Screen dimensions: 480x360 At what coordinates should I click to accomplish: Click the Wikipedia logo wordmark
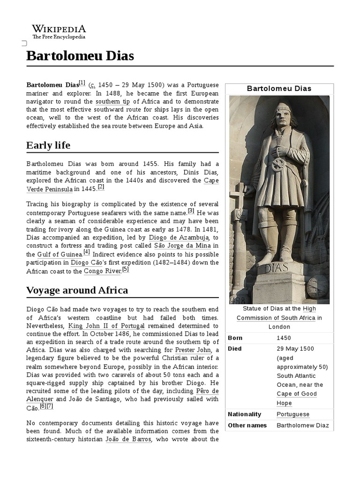pos(59,29)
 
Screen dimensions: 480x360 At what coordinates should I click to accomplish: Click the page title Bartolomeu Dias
pos(80,56)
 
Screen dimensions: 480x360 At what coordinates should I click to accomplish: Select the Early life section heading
pos(48,145)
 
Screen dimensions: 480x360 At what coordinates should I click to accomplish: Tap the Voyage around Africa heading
pos(77,290)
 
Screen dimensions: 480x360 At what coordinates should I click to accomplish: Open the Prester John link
pos(192,350)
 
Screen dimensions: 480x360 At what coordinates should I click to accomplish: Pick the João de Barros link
pos(128,439)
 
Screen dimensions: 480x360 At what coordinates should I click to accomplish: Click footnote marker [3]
pos(191,211)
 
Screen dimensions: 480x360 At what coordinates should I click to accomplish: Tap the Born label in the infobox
pos(235,338)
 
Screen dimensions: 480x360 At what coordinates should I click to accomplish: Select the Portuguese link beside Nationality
pos(293,414)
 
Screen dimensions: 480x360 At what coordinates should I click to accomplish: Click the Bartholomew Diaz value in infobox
pos(303,426)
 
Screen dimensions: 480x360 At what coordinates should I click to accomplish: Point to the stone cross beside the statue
pos(238,197)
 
